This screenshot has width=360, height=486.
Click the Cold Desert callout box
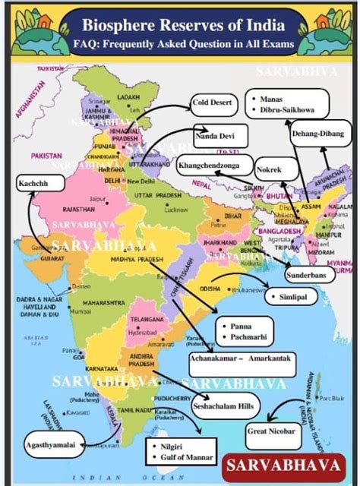click(x=213, y=102)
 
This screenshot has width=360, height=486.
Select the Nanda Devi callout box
click(x=216, y=134)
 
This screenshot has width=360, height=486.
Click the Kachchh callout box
click(x=31, y=183)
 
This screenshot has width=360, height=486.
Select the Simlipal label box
click(x=292, y=298)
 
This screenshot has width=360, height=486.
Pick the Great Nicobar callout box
click(x=272, y=432)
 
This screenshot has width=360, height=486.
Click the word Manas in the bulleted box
click(x=271, y=99)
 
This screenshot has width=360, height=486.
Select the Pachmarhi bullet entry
click(x=242, y=335)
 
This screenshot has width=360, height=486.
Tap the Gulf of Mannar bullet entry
click(x=185, y=458)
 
